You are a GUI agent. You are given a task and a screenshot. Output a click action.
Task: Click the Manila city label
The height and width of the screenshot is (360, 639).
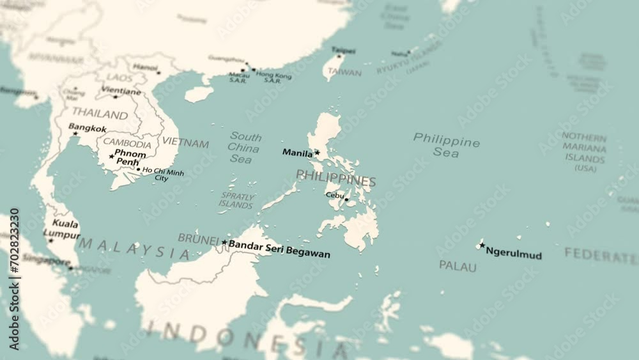tap(297, 153)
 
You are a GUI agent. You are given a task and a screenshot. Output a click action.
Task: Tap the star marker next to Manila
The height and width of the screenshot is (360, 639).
tap(317, 152)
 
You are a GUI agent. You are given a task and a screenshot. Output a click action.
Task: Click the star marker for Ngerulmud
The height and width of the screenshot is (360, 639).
tap(482, 245)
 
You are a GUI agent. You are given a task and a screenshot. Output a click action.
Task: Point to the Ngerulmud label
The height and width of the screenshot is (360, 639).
tap(514, 253)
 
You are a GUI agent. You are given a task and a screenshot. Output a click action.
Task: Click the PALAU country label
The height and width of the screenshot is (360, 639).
tap(458, 265)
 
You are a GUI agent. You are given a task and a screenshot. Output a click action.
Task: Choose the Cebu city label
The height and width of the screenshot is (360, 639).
tap(334, 195)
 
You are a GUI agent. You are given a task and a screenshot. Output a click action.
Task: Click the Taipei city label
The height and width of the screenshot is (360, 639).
tap(343, 50)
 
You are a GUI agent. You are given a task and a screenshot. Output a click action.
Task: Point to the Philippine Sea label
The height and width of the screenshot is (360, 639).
tap(446, 146)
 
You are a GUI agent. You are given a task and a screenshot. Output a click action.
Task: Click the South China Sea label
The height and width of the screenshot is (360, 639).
tap(245, 148)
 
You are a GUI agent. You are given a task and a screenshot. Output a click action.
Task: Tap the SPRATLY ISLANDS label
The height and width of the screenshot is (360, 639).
tap(236, 200)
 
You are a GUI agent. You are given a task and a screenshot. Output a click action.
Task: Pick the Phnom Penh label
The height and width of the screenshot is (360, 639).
tap(130, 157)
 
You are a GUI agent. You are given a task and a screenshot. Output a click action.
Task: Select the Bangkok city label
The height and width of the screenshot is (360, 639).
tap(88, 128)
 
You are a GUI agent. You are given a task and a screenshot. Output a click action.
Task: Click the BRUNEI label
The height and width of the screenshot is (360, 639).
tap(198, 238)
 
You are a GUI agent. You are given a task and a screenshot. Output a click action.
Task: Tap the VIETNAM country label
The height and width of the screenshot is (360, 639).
tap(185, 143)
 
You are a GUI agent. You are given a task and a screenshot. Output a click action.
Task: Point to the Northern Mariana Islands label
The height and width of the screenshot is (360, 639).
tap(585, 152)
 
